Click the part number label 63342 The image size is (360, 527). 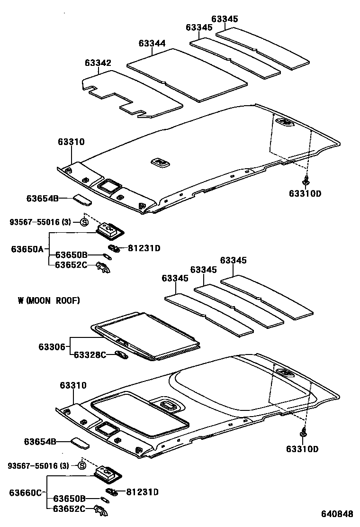tap(98, 63)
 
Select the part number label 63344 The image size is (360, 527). tap(152, 44)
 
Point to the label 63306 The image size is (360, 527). tap(52, 347)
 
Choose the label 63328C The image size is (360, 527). tap(90, 355)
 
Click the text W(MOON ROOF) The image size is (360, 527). tap(49, 300)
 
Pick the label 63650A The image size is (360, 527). tap(27, 249)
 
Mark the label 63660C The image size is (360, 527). tap(25, 492)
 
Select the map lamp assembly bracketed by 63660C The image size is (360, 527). tap(108, 473)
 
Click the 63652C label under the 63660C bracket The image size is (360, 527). tap(69, 509)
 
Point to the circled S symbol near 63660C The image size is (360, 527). tap(82, 466)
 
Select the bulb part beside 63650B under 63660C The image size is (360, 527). tap(105, 500)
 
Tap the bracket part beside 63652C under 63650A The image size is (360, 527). tap(104, 267)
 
